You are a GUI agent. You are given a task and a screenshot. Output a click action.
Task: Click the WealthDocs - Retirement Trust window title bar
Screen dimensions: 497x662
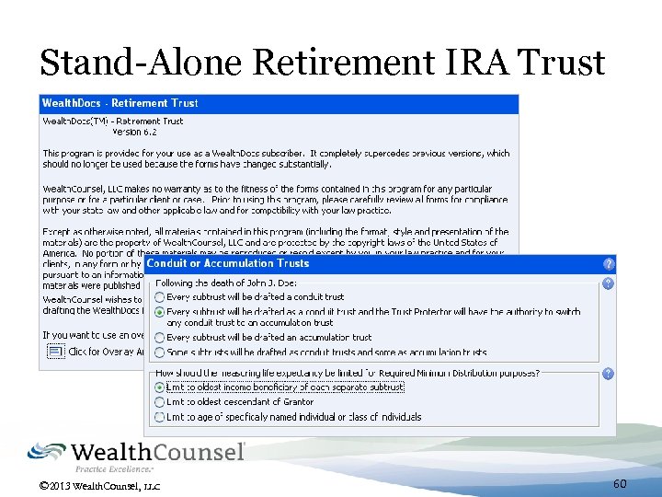(x=120, y=103)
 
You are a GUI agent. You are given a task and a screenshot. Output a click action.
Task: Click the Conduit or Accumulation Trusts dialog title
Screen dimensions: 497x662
(x=228, y=263)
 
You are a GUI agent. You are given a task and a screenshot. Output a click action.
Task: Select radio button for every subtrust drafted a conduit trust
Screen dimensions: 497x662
(x=160, y=297)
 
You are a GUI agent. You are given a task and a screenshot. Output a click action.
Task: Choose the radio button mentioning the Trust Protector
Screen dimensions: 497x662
(x=160, y=312)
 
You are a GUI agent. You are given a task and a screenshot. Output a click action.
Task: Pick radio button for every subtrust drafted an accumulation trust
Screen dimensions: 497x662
(x=160, y=338)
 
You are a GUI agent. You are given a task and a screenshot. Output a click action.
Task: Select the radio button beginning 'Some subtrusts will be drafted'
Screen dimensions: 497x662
(x=160, y=352)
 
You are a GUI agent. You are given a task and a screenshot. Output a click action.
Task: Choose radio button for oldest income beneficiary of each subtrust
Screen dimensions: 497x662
(x=160, y=387)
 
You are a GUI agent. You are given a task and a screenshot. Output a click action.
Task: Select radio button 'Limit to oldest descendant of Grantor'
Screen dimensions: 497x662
(x=160, y=402)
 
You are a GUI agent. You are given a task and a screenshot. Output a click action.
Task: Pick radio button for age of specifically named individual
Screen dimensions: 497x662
(x=160, y=417)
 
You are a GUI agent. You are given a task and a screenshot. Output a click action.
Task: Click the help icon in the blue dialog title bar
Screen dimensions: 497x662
(x=608, y=263)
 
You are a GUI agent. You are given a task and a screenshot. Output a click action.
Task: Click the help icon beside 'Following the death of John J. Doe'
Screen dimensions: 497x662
(x=608, y=283)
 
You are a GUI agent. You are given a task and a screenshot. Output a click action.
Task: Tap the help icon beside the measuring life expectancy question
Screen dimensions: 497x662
(x=608, y=374)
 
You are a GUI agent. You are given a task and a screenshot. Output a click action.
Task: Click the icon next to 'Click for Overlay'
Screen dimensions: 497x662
(x=55, y=352)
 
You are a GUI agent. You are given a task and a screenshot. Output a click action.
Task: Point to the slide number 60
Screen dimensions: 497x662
(x=620, y=483)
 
